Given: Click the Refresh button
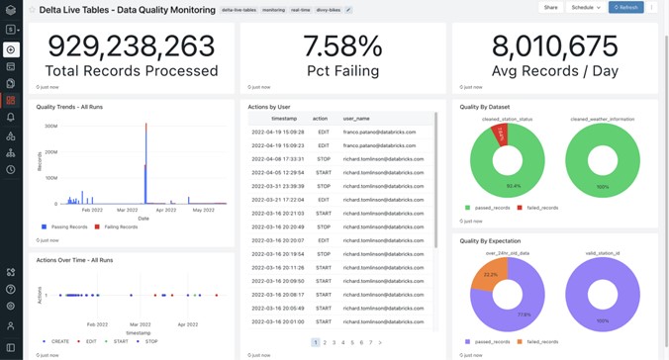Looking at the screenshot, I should coord(625,8).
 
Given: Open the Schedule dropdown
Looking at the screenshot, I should coord(585,8).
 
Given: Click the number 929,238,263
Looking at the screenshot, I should coord(132,46).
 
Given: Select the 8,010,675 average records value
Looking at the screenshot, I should coord(554,46).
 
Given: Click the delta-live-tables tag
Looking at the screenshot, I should coord(239,10).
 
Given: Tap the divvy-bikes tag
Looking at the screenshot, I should coord(328,10).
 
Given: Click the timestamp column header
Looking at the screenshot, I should coord(284,119).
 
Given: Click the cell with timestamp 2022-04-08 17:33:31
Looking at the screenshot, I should coord(278,159).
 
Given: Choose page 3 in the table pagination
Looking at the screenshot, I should coord(334,343).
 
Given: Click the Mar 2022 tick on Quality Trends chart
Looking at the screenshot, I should coord(127,211).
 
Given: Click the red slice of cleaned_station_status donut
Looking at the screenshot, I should coord(502,134).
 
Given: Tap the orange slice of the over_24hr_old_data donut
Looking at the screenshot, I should coord(492,274).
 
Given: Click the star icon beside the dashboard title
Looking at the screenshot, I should coord(32,10).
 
